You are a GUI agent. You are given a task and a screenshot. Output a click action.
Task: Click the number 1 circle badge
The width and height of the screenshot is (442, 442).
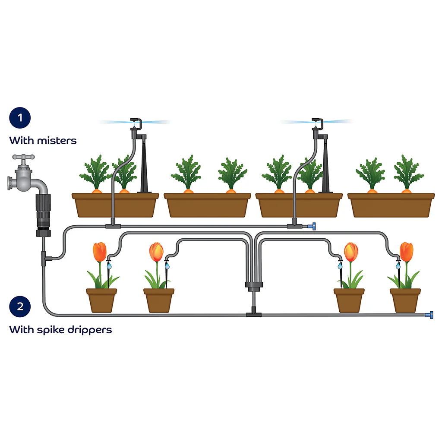20,118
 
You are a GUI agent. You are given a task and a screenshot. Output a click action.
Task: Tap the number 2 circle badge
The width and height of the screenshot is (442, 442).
20,306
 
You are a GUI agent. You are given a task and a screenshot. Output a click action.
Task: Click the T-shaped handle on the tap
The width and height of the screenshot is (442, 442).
23,157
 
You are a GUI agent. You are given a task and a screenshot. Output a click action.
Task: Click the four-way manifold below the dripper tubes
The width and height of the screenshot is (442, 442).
254,286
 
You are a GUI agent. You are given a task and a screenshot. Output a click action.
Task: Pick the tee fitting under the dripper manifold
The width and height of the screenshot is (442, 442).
254,313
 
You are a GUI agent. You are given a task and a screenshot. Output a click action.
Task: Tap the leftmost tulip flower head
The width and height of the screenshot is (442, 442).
100,252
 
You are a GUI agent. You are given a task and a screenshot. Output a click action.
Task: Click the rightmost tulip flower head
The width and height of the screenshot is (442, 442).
406,252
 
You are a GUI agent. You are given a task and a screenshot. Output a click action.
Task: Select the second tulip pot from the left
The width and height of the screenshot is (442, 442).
159,300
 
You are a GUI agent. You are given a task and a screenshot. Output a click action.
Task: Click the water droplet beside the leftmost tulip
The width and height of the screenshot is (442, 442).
109,265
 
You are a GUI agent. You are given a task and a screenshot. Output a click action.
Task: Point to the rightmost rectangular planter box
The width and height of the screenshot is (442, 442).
391,205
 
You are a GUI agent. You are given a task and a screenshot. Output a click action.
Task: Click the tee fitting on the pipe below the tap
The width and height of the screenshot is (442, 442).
45,259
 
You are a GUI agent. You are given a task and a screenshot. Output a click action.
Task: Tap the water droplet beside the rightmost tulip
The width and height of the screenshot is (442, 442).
398,265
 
